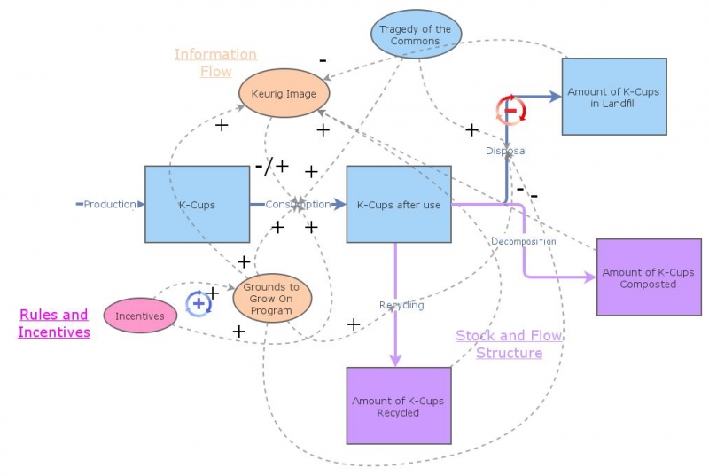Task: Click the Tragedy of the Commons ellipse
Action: (416, 35)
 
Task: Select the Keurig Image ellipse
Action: (284, 93)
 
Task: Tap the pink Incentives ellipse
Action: (140, 316)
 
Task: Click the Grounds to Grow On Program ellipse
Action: (272, 299)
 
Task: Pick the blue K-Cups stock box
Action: (197, 204)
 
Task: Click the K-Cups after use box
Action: (398, 204)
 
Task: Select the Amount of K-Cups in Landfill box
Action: (613, 97)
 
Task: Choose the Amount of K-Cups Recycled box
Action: (398, 406)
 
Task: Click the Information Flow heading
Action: (215, 63)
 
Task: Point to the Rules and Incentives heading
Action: (54, 324)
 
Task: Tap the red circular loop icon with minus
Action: (510, 111)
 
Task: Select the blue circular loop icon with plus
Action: (199, 303)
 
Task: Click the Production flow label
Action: (111, 204)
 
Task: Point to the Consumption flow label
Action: (298, 204)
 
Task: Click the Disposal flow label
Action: (506, 151)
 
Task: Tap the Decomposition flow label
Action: (523, 241)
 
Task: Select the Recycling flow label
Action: (401, 305)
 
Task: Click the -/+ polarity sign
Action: (271, 166)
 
